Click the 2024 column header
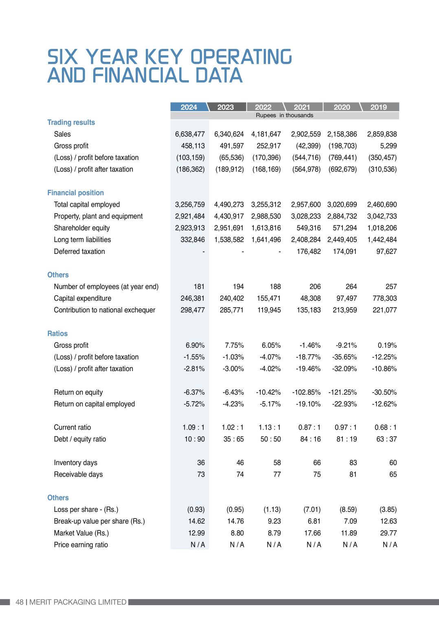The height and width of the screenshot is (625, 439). click(x=189, y=107)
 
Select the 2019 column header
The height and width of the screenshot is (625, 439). click(x=378, y=107)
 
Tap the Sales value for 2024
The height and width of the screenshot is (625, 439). click(x=190, y=134)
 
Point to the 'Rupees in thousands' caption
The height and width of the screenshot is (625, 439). click(x=284, y=116)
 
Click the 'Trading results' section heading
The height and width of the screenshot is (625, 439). click(x=71, y=122)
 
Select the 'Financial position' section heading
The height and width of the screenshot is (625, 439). click(x=75, y=193)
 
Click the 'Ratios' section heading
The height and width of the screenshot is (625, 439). click(x=57, y=334)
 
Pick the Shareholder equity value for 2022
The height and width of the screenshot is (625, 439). click(x=266, y=228)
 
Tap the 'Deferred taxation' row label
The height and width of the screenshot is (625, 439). click(x=79, y=252)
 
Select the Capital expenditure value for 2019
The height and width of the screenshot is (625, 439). click(x=384, y=299)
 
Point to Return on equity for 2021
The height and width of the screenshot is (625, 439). click(x=306, y=393)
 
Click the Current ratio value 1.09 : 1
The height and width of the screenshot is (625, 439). click(x=193, y=428)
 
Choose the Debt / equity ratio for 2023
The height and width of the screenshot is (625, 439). click(x=233, y=439)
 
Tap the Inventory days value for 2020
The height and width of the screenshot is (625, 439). click(x=353, y=463)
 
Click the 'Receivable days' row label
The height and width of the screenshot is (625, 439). click(x=78, y=475)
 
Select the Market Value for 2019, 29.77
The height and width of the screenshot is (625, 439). click(x=388, y=533)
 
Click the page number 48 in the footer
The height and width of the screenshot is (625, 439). click(x=20, y=602)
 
